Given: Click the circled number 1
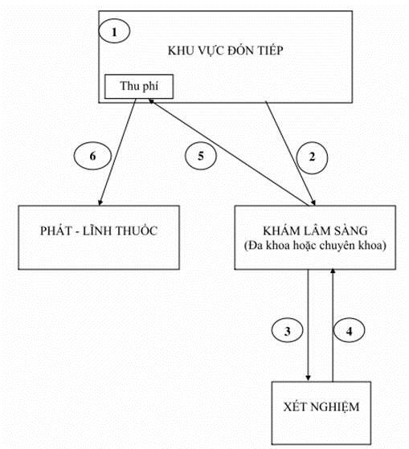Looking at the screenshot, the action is (x=114, y=31).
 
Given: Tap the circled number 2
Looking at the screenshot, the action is (x=312, y=157).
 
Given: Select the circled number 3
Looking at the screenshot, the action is (x=288, y=330).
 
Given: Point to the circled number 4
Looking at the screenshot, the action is (x=350, y=330).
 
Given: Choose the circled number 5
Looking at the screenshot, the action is (x=201, y=156).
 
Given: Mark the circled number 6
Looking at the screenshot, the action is (x=92, y=156).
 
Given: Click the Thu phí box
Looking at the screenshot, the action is (x=139, y=87).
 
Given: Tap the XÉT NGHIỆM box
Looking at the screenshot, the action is (x=321, y=413).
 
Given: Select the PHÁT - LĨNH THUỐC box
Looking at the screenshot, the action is (x=99, y=238).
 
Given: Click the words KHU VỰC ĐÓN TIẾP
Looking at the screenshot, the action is (x=226, y=51).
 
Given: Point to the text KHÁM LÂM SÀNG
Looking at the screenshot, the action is (x=315, y=231).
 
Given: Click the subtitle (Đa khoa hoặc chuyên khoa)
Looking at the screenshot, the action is (x=315, y=246).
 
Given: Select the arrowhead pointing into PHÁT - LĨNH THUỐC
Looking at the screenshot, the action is (x=100, y=202).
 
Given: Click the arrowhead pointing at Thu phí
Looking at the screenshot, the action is (x=152, y=101).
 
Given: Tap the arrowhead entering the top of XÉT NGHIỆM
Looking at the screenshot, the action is (x=309, y=378).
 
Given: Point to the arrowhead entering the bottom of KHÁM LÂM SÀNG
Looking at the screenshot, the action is (x=333, y=271).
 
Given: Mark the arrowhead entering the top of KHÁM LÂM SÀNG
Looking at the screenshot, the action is (x=313, y=202).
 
